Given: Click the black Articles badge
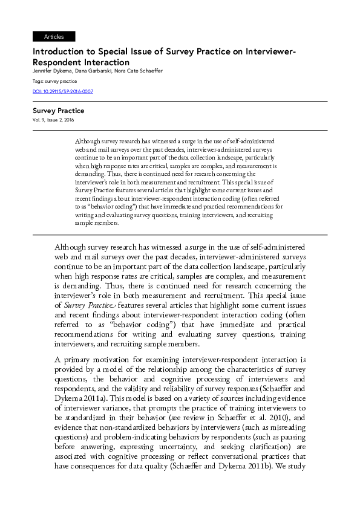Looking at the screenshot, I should point(54,37).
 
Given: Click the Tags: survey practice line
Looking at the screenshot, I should point(54,81).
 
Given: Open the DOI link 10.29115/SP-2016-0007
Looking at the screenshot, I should point(63,92).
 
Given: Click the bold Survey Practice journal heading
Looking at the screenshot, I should point(58,111).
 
